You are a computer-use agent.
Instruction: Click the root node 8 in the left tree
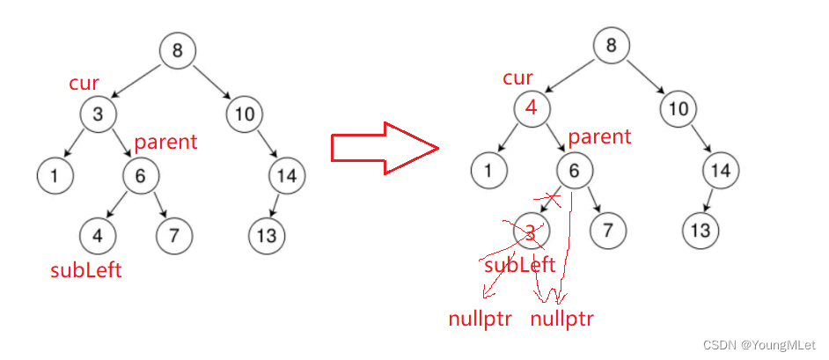178,51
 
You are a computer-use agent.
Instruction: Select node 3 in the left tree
97,113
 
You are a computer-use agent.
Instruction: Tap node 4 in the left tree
97,235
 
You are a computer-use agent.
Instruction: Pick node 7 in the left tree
174,235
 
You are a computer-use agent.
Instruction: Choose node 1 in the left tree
55,175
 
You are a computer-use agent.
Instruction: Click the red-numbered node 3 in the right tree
530,231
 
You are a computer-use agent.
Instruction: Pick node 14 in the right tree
720,172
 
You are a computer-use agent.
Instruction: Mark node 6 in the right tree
574,172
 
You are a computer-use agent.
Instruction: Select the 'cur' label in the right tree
517,78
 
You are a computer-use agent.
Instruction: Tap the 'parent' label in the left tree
165,142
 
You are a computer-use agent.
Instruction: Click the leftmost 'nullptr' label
481,318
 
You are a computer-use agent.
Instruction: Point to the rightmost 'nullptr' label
561,318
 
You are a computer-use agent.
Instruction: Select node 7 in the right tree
608,231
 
